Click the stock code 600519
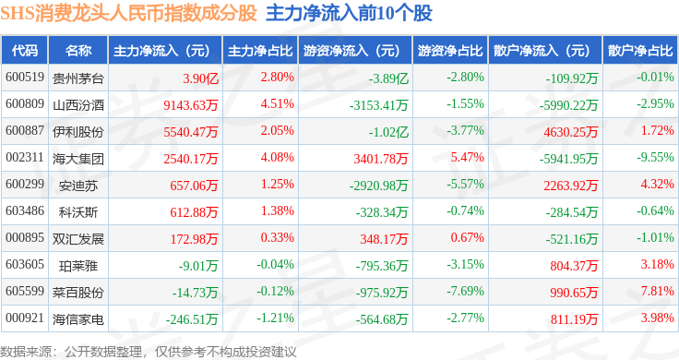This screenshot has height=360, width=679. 25,78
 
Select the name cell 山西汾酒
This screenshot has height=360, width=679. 77,105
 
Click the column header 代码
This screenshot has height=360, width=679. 25,51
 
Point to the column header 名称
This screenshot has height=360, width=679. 77,51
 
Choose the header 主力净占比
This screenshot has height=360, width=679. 260,51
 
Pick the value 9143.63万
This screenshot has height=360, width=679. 191,105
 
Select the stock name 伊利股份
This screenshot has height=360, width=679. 77,132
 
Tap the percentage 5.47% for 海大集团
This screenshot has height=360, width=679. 467,157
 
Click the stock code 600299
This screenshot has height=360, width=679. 25,184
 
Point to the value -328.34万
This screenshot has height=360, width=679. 382,212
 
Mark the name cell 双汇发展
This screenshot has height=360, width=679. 77,239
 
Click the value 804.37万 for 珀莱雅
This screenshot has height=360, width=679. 574,266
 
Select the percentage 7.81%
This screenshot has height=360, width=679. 658,291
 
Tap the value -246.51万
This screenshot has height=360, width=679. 192,319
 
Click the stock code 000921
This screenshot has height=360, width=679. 25,318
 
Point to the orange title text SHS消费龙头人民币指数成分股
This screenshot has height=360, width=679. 128,14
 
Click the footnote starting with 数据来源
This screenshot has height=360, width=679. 149,352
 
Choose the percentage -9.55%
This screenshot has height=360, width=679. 655,157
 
